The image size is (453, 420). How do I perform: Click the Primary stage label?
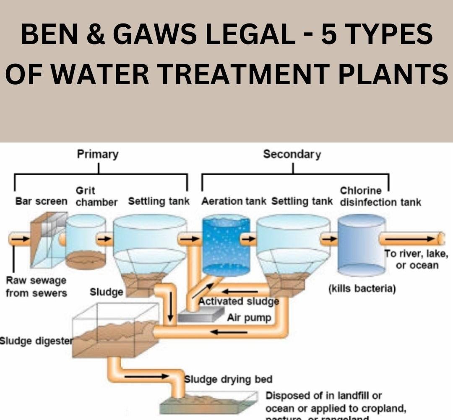click(98, 154)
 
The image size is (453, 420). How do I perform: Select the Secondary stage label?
click(292, 154)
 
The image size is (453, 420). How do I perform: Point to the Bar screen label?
click(41, 202)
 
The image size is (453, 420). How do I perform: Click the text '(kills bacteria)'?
click(362, 289)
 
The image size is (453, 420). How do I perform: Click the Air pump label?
click(249, 318)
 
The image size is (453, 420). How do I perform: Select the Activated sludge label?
click(238, 301)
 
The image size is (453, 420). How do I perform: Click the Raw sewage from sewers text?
click(36, 286)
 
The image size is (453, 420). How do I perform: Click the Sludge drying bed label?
click(229, 379)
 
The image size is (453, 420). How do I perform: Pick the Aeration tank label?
click(234, 202)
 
